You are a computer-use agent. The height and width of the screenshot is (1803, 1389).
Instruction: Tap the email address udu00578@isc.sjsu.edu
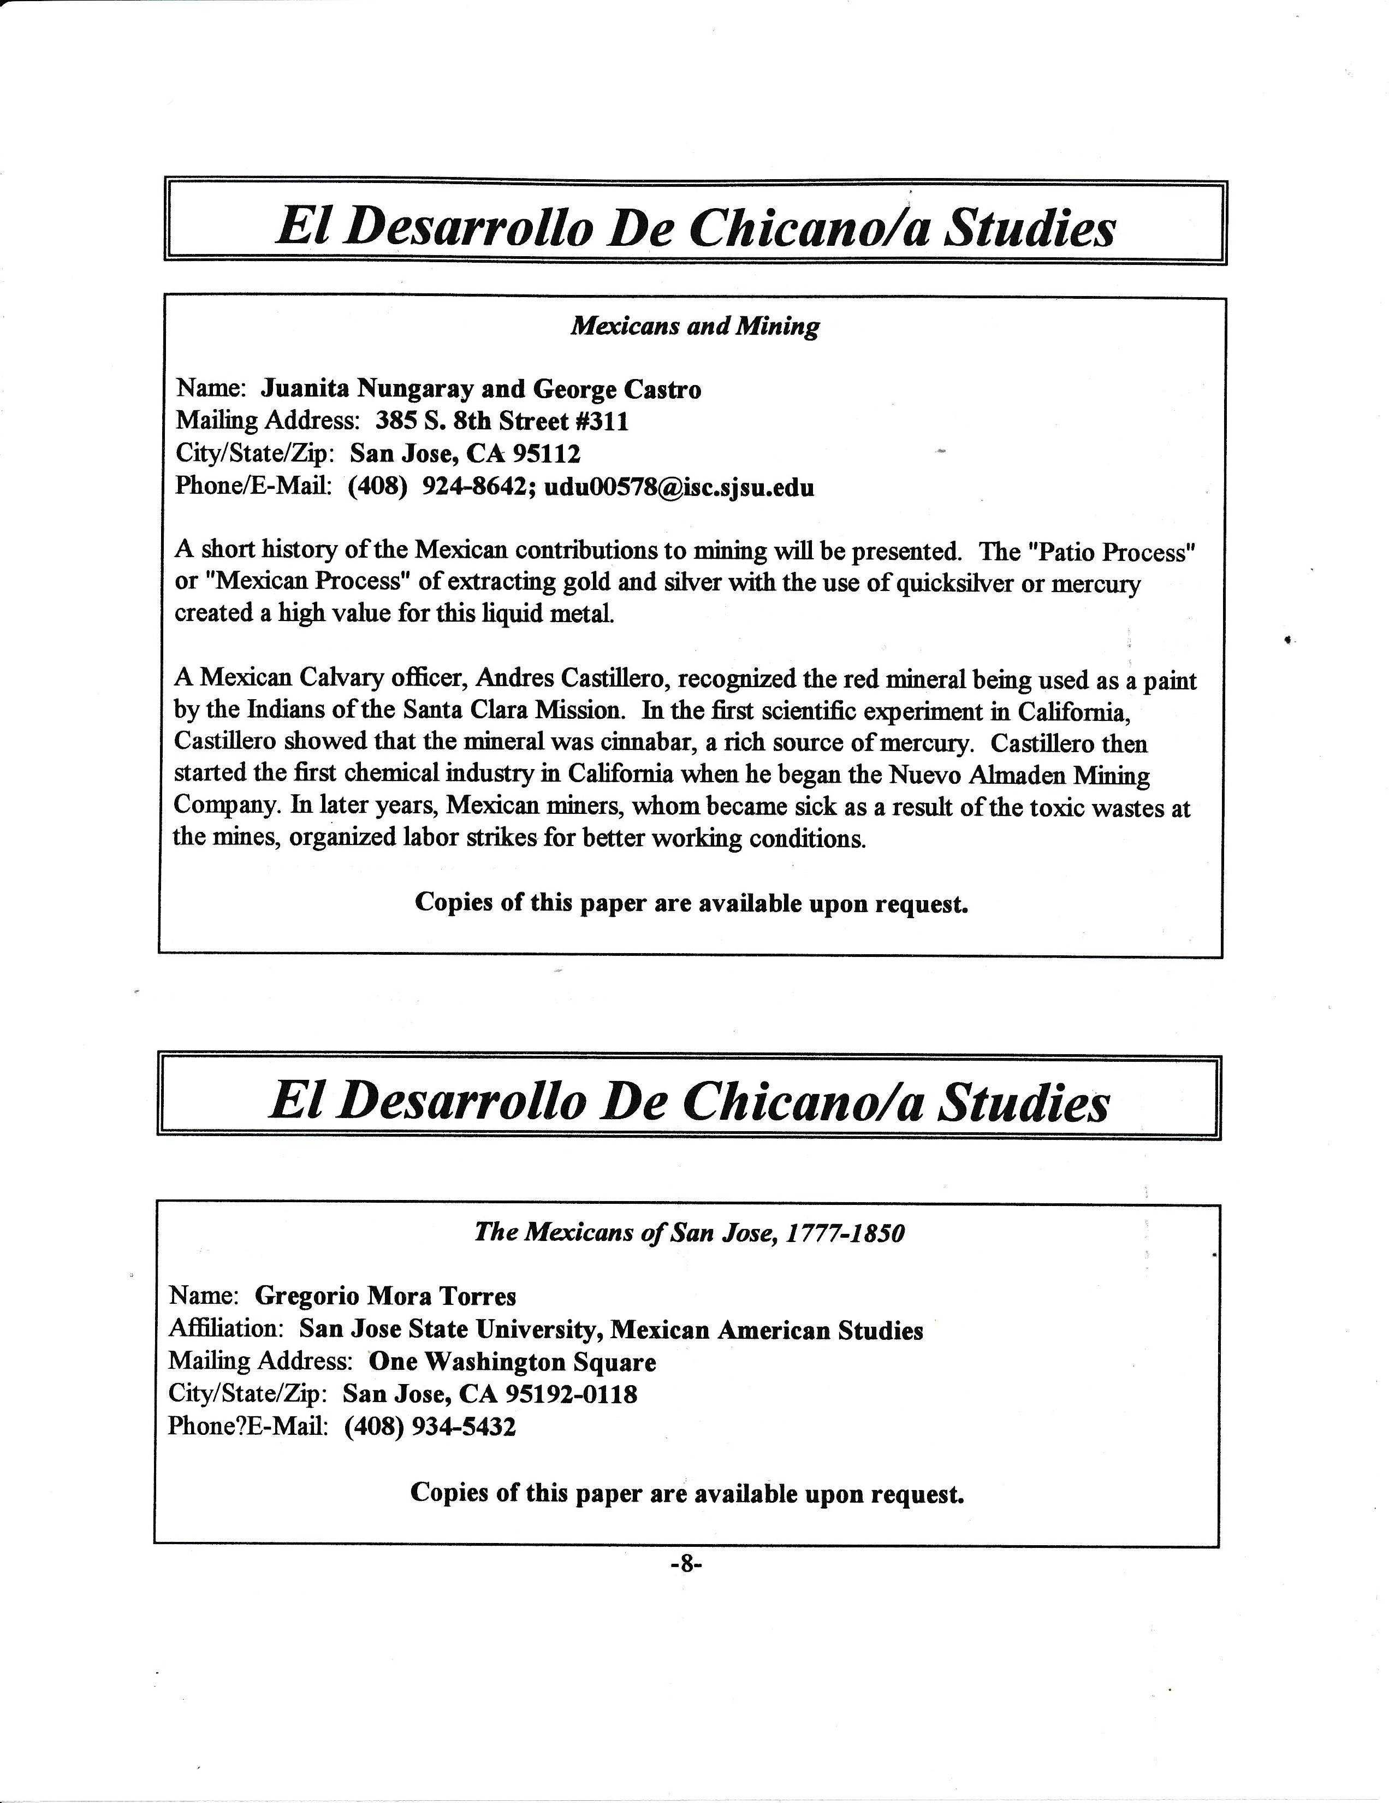(679, 487)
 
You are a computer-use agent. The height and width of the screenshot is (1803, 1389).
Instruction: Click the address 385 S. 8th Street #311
(502, 422)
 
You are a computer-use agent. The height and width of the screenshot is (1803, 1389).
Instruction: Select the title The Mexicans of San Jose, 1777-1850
(689, 1233)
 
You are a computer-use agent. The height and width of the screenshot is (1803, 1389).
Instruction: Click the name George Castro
(618, 389)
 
